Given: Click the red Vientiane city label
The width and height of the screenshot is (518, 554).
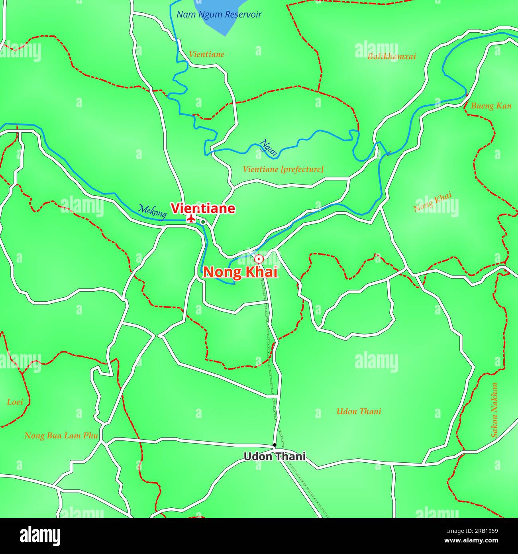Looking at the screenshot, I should [x=203, y=208].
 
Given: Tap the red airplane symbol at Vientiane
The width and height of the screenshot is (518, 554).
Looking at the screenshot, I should [x=191, y=218].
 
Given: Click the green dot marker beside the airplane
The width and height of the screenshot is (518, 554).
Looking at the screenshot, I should [x=203, y=222].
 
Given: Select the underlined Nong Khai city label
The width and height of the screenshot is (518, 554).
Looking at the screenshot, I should [x=240, y=272].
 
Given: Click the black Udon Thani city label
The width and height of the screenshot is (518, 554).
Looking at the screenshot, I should [x=275, y=456].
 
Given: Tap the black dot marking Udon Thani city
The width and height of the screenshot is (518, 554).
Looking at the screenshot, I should [x=274, y=445].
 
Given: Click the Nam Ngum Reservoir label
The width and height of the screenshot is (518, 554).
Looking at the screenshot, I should [x=219, y=15].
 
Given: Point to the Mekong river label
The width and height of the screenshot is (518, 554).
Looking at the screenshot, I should [x=152, y=211].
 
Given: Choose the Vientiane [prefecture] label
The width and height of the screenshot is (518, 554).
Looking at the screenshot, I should [x=283, y=169].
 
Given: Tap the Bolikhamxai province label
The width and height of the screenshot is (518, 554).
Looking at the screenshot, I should [x=391, y=56].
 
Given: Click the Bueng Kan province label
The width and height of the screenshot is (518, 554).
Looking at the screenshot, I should [x=491, y=106].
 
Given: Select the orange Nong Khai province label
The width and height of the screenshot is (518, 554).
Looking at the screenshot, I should [x=432, y=202].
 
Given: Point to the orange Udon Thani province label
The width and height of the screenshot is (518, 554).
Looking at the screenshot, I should [x=359, y=411].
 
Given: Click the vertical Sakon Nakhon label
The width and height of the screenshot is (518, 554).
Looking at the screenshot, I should [x=494, y=410].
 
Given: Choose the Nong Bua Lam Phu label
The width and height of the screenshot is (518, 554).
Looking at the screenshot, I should [x=61, y=436].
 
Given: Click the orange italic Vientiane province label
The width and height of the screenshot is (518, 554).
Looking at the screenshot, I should [x=206, y=54].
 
